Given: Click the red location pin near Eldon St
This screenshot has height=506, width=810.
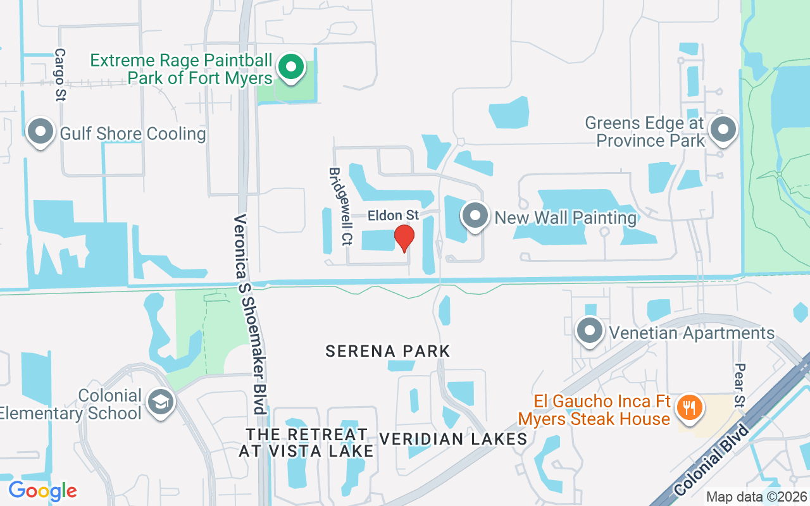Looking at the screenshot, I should coord(404,238).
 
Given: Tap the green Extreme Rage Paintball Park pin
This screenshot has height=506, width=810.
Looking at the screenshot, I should coord(290,66).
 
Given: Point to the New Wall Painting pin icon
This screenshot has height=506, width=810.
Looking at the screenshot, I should coord(475,216).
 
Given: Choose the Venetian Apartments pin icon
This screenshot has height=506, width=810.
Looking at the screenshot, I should coord(590,330).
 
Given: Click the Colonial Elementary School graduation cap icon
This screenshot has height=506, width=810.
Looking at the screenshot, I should coord(161,402).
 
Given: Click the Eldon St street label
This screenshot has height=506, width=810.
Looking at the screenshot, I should coord(393,216).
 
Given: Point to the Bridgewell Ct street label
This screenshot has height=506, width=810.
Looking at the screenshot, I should coord(339,206).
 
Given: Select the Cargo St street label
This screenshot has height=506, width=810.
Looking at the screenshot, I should coord(61,75).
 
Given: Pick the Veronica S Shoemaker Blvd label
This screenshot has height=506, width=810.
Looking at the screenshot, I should coord(249,314).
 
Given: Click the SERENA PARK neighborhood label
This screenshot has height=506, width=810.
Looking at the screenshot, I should coord(387,351).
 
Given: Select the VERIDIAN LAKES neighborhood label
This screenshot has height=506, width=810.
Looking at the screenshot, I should coord(453,439).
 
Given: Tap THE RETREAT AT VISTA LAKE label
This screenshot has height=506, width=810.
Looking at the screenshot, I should coord(307,443).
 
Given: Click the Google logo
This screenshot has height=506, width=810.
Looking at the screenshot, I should coord(42,490).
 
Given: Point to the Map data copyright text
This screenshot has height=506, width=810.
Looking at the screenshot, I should coord(756,497).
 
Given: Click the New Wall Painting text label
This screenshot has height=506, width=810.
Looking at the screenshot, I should coord(566,218).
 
